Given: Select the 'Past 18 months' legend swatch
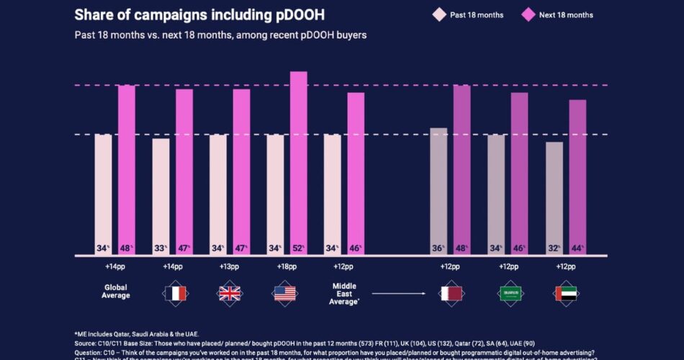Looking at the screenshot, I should coord(439,14).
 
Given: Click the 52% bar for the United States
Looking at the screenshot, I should coord(298,163).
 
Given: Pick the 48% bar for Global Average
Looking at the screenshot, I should coord(127,170).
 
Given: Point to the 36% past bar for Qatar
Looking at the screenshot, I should coord(438,192).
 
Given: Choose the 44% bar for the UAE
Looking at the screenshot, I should coord(577,177).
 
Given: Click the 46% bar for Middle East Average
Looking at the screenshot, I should coord(356,174).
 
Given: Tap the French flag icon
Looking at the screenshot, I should coord(173,293).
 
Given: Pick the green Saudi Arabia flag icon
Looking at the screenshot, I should coord(510,293).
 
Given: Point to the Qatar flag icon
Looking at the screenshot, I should coord(451,293).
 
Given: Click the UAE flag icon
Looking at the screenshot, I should coord(566,293).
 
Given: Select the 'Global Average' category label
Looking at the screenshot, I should coord(116,291).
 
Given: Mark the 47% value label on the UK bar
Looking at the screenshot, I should coord(241,248).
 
